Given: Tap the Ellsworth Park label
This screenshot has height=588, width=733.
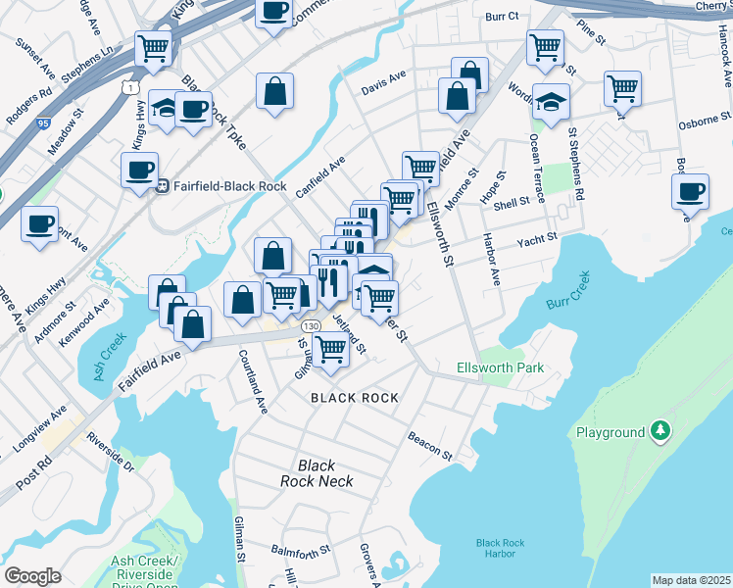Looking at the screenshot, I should coord(500,368).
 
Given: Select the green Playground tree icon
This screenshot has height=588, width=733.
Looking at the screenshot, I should coord(661,431).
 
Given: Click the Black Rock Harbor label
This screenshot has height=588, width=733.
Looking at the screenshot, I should coord(500,548).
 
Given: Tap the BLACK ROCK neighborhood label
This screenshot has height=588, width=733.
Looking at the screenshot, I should coord(355,398).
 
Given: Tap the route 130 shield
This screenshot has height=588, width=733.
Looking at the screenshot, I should coord(311,325).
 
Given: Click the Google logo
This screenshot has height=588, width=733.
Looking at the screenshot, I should coord(32,575).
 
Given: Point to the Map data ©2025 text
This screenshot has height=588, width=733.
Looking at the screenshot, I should coord(691,580).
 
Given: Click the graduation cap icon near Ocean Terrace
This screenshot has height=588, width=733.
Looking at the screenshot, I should coord(551,102).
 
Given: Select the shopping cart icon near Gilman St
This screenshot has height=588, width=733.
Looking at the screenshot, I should coord(331,348).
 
